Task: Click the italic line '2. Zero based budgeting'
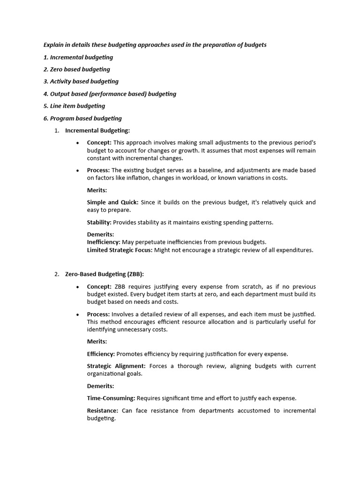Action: click(77, 69)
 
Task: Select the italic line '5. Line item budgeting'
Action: click(74, 106)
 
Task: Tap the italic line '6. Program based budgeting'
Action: click(82, 119)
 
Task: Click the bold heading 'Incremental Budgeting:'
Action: click(97, 131)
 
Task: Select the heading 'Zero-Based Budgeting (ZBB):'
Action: click(105, 274)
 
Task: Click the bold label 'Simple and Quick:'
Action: click(112, 202)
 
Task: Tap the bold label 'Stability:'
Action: click(99, 223)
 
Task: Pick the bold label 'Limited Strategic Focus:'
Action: click(119, 250)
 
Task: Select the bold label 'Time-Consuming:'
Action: click(111, 398)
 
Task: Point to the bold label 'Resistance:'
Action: click(103, 411)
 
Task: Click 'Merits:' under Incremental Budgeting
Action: click(97, 190)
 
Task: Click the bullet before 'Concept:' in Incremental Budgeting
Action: click(77, 142)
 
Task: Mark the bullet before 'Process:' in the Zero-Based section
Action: click(77, 314)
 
